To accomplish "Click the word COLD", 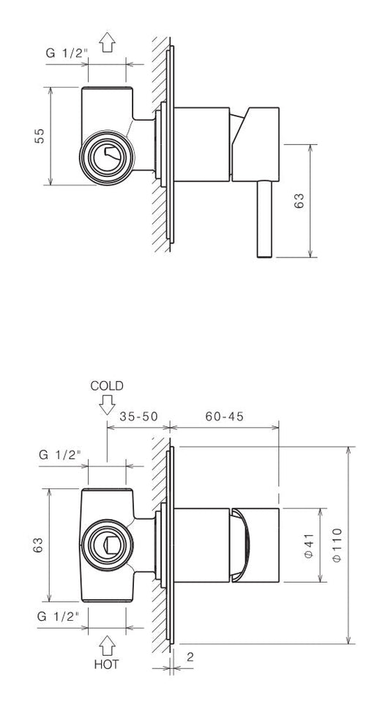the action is [x=107, y=386].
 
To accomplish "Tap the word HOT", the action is [x=107, y=664].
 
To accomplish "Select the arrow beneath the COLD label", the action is [x=107, y=405].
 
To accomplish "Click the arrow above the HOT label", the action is [x=107, y=646].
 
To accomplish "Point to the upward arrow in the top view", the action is [x=108, y=42].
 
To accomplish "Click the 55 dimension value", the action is [x=40, y=136].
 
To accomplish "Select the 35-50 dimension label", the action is [x=138, y=416].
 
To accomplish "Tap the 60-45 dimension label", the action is [x=224, y=416].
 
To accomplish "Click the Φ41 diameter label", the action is [x=309, y=545].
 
